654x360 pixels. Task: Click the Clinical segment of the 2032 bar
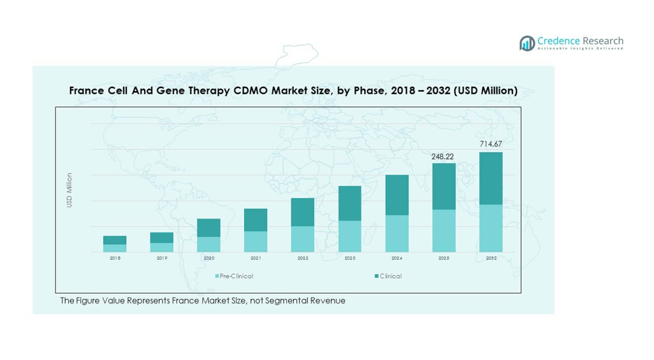491,178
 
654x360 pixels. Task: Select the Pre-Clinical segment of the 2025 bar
444,231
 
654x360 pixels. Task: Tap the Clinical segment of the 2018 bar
115,240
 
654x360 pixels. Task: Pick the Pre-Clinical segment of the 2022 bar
303,239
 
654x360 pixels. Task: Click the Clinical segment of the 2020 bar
208,228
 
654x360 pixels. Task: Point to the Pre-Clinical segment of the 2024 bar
396,233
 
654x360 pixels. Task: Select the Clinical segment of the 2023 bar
350,203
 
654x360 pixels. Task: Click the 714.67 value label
491,145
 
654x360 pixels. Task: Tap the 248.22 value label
444,155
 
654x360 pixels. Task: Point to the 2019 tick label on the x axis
162,258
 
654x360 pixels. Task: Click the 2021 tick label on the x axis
256,258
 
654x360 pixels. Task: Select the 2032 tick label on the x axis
491,258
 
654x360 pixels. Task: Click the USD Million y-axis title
69,190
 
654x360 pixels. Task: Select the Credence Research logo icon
527,43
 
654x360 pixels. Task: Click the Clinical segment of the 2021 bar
256,220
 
